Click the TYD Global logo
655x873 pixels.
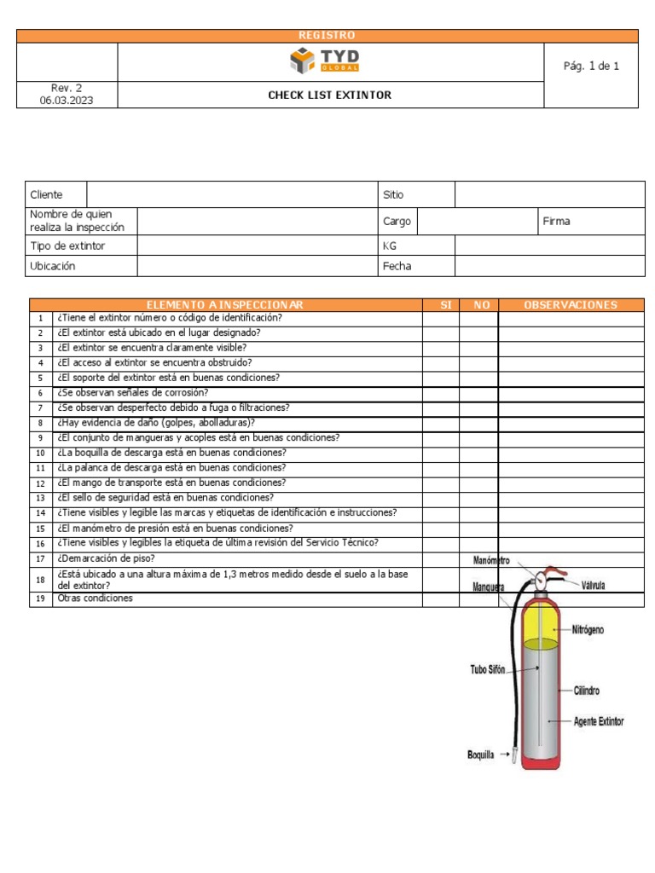(x=325, y=61)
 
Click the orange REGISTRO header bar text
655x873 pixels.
(x=327, y=35)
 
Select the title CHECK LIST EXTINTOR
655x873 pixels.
(x=330, y=95)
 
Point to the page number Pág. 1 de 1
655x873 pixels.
(x=591, y=66)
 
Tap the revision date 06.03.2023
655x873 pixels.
(x=67, y=101)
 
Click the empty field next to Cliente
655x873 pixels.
(x=232, y=194)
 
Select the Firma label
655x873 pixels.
(x=556, y=221)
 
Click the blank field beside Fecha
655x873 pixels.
(x=548, y=266)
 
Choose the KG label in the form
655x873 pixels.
(x=391, y=245)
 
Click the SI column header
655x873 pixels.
(x=440, y=304)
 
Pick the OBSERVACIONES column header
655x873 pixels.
(x=571, y=304)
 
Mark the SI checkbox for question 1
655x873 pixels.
(x=440, y=318)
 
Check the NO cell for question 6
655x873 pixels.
(x=478, y=393)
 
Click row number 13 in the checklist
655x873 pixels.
(x=40, y=498)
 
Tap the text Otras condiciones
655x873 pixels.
(x=95, y=598)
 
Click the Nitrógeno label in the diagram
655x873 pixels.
(x=588, y=630)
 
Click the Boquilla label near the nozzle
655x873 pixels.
(x=480, y=754)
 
